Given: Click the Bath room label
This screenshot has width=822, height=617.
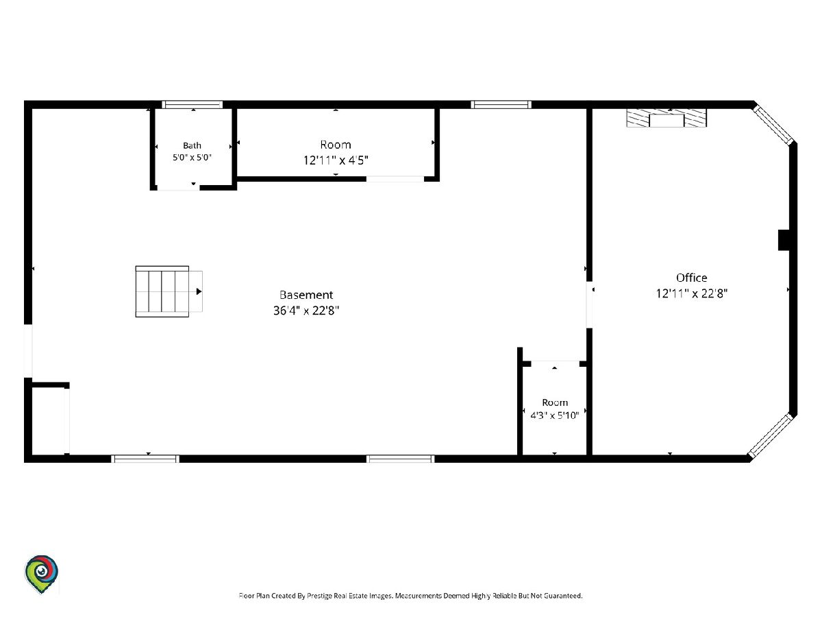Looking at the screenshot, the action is point(192,145).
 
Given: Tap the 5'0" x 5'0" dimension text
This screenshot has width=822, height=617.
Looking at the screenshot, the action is point(192,158).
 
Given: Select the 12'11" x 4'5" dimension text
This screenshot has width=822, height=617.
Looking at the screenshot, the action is point(336,160).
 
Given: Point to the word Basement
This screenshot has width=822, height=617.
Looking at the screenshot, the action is point(306,295).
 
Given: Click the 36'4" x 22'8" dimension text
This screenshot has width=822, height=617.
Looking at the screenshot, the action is point(306,311).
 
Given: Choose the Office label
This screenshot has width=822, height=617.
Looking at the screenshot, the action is point(691,278).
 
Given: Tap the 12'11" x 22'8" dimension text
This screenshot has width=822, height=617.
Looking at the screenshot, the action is point(691,293).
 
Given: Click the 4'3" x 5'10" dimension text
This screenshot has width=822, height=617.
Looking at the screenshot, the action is point(555,415).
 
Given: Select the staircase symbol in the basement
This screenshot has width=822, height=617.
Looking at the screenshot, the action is point(169,291).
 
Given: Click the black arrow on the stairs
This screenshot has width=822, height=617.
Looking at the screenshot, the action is point(199,291).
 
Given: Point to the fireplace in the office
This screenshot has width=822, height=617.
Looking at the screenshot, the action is point(667,118).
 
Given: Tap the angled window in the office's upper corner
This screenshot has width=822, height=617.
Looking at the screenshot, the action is point(773,125).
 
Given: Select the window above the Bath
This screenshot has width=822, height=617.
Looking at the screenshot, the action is point(192,104).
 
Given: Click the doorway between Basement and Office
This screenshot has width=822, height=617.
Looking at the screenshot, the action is point(589,304).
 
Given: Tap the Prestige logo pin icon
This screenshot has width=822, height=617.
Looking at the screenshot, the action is point(41,574).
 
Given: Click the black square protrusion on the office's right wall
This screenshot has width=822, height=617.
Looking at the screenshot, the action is point(784,240).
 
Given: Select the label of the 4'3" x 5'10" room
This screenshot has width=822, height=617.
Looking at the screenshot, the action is point(555,402).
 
